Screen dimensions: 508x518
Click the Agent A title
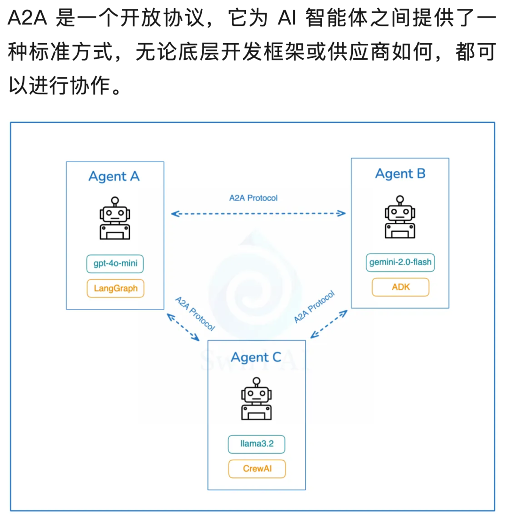114,176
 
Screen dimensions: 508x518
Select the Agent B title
400,174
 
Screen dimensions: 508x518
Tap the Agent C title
256,357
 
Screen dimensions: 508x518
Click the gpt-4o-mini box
115,264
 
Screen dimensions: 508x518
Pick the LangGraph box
115,289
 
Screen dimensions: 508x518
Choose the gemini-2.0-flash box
400,262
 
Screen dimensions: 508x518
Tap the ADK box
401,287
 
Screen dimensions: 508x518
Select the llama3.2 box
256,444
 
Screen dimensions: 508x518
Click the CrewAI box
257,469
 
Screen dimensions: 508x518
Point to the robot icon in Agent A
115,219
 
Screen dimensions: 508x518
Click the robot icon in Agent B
400,217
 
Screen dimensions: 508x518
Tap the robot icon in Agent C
256,399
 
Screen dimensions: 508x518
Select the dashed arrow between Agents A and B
258,214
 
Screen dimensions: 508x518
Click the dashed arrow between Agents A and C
183,327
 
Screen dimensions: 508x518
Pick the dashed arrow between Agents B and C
329,324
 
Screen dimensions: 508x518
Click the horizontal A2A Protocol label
254,198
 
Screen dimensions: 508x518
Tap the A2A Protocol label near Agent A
195,314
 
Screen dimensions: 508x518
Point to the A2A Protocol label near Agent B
314,307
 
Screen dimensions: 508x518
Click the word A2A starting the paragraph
27,17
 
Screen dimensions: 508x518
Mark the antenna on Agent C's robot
256,383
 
